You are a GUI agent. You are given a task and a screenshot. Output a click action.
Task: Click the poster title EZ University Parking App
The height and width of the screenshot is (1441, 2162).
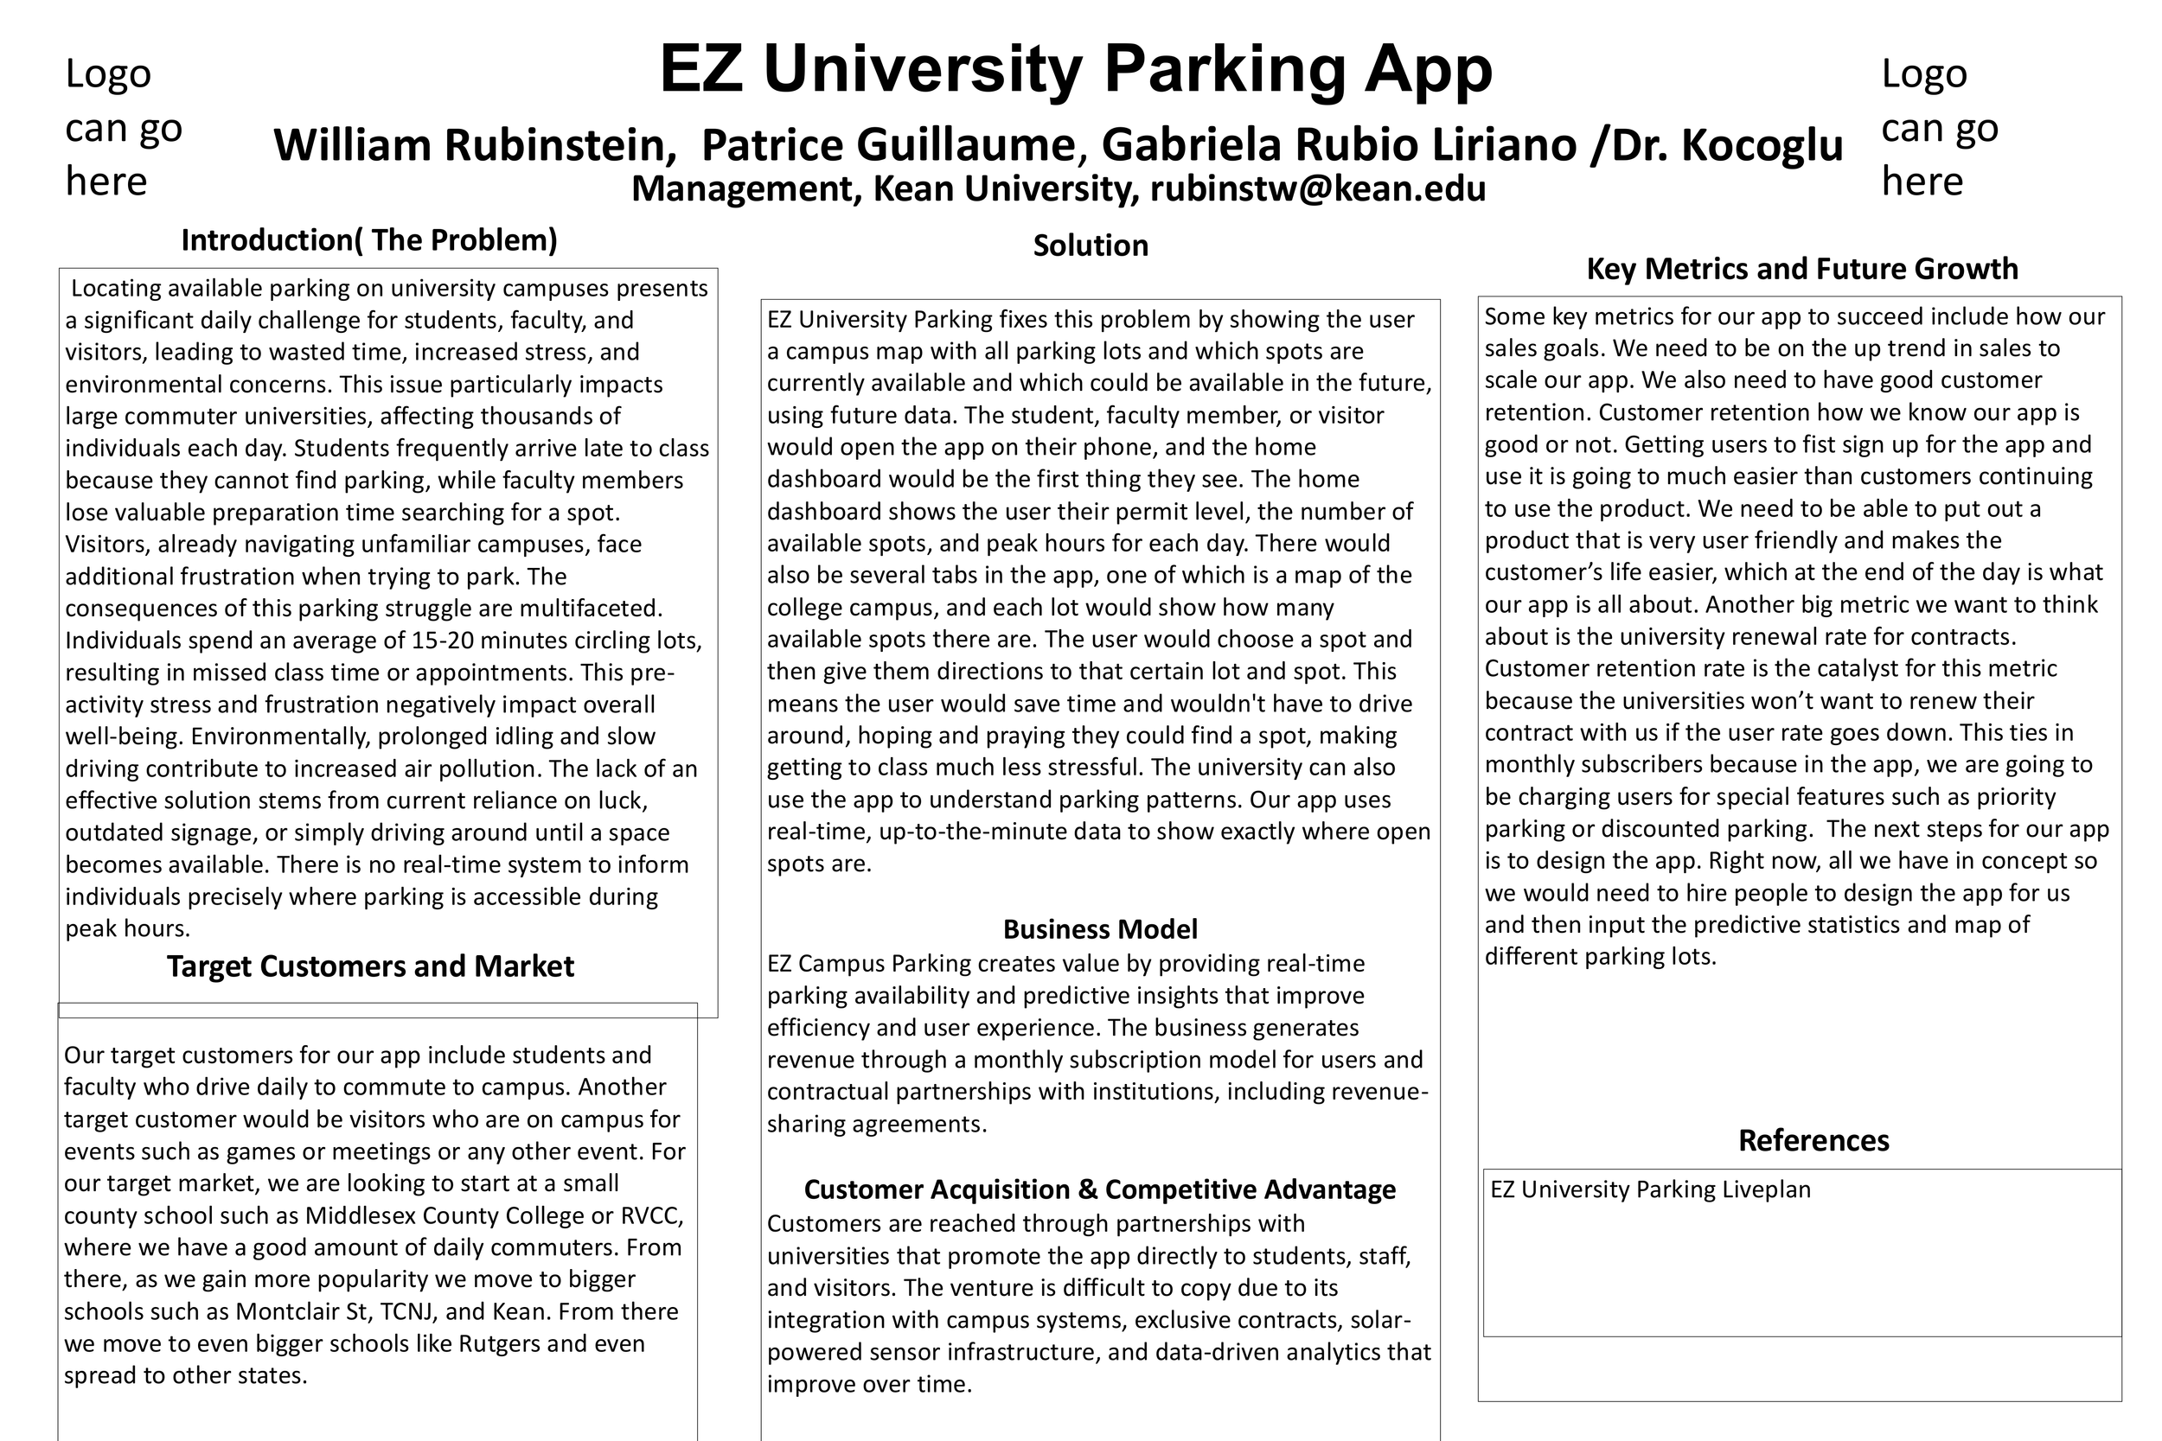point(1076,70)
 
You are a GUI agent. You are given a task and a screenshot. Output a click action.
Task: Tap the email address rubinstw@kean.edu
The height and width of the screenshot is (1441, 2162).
point(1317,189)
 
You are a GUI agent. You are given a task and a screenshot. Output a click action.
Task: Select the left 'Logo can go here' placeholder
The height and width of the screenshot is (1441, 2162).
point(123,128)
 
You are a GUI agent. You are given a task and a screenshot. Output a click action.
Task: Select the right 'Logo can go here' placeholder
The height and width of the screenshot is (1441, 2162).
point(1940,128)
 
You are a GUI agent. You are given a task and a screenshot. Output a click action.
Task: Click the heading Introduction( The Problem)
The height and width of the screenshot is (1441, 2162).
point(368,239)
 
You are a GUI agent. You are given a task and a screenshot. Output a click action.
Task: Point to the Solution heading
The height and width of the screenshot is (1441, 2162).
point(1091,245)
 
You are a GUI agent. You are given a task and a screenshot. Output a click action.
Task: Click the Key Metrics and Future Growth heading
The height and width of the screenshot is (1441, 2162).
point(1801,268)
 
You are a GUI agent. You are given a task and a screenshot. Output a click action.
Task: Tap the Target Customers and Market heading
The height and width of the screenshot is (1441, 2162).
point(369,966)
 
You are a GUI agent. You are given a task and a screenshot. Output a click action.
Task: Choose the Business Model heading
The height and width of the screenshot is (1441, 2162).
point(1099,929)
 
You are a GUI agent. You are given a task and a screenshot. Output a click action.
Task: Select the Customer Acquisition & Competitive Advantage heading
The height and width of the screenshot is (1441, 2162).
point(1099,1189)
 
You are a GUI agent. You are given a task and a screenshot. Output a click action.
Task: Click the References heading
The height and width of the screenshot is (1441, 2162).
point(1813,1140)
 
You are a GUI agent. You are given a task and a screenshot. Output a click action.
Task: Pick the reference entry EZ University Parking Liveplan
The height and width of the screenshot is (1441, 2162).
point(1650,1189)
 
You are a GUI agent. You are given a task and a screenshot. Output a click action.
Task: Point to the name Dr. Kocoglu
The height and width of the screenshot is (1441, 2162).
point(1728,145)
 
